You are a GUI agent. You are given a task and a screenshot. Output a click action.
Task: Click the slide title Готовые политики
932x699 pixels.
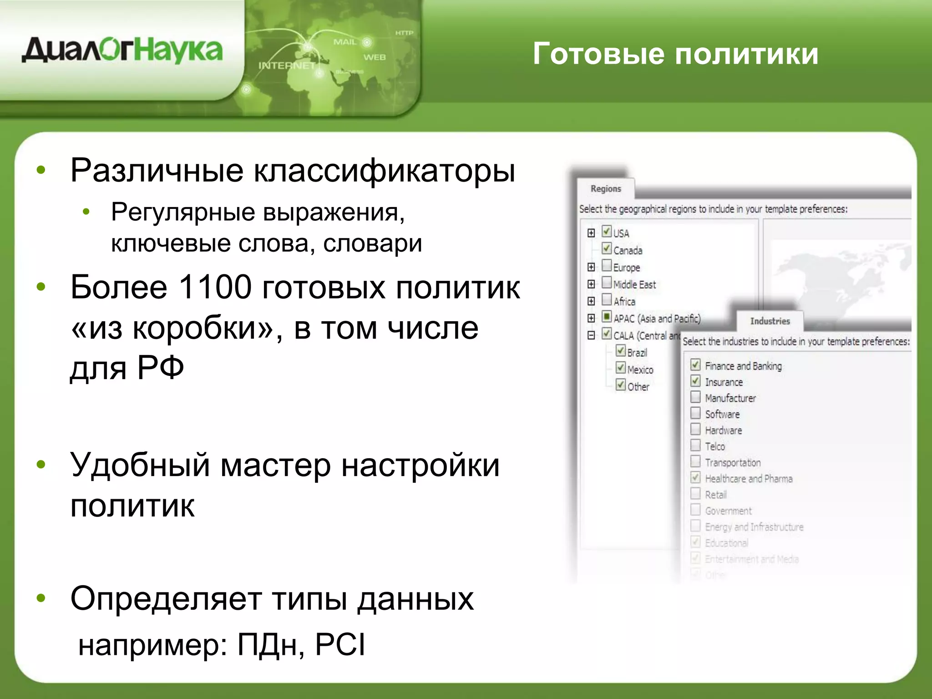point(675,54)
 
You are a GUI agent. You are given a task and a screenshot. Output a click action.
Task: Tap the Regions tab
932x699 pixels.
point(605,189)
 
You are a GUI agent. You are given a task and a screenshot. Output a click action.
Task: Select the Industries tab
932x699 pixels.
point(770,321)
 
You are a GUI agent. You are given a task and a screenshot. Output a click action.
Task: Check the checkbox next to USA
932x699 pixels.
point(607,232)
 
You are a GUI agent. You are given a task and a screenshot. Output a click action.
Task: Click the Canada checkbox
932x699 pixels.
point(607,248)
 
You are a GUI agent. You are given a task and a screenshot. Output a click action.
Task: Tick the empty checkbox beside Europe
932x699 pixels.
point(607,265)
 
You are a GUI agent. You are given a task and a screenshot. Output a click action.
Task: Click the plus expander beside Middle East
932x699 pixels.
point(591,284)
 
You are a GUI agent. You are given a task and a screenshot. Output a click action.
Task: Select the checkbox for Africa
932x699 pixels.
point(607,299)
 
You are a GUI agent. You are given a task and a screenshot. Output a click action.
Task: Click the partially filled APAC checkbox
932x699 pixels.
point(607,316)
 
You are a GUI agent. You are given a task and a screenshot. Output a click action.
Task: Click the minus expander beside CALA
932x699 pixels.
point(591,335)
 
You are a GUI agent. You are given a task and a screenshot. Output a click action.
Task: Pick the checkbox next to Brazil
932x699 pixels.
point(621,351)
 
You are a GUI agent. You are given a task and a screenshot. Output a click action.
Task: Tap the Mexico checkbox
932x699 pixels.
point(621,368)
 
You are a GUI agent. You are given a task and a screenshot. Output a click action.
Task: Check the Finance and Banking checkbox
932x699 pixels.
point(695,365)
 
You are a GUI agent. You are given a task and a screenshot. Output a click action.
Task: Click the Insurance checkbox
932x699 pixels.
point(695,381)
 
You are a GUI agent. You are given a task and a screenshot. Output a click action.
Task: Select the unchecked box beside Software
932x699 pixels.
point(695,413)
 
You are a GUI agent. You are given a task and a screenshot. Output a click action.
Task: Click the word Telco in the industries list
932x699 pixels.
point(715,446)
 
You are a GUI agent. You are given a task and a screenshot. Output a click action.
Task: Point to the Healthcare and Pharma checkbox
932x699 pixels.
point(695,477)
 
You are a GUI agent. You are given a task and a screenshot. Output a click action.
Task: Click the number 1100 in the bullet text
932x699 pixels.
point(215,288)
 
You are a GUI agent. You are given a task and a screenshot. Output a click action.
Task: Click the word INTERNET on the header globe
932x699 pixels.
point(287,66)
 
